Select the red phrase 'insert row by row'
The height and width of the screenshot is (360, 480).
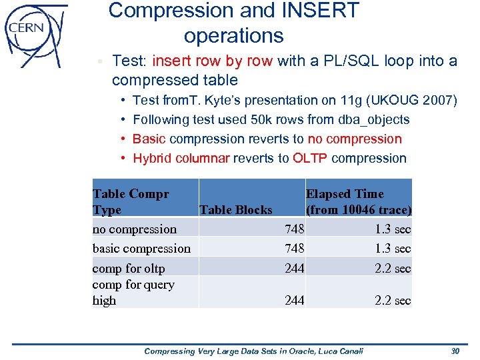212,61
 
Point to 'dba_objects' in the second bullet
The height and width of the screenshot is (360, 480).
375,120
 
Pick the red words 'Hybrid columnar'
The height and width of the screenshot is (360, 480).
181,159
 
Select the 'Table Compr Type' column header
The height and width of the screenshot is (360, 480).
131,202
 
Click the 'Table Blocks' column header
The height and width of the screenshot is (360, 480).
235,210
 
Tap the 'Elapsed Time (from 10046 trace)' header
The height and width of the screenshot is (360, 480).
358,202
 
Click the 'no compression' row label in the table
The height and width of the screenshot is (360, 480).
135,229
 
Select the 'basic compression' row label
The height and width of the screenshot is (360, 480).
141,249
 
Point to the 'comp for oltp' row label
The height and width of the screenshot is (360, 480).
129,269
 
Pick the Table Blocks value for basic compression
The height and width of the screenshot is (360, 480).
293,249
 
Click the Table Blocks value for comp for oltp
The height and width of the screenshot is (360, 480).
293,269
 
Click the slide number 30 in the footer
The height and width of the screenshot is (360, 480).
455,351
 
